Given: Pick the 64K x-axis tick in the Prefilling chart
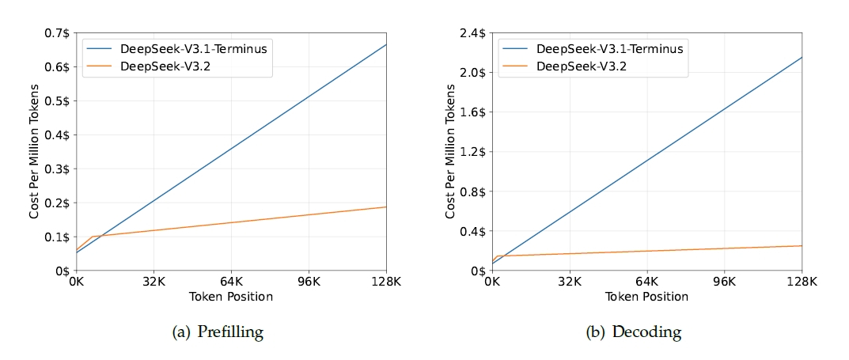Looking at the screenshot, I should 231,282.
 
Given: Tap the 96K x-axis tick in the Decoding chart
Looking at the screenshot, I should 725,282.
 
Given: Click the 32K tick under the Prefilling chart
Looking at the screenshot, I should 154,282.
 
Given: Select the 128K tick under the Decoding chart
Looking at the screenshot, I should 802,282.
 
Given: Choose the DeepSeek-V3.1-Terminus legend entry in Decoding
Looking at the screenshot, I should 609,49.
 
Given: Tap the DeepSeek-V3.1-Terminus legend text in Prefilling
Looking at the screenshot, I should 193,49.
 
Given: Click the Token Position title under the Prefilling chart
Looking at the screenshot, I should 231,297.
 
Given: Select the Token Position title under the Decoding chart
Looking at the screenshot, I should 647,297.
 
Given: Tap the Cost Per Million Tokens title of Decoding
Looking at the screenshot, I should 450,152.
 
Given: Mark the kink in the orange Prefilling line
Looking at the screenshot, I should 93,237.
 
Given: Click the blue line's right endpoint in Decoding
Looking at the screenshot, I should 802,57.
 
